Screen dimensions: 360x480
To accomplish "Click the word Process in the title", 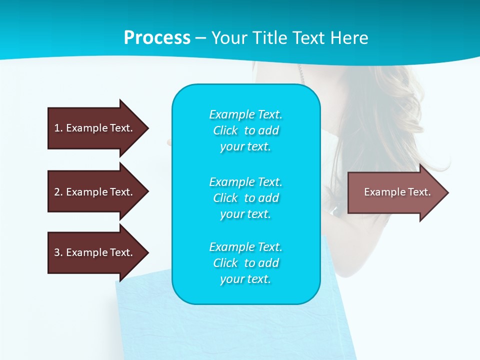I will pos(157,38).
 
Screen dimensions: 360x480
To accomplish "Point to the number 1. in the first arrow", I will pos(58,128).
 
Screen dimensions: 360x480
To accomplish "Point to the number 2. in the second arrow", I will pos(58,192).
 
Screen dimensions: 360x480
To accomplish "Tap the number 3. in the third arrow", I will pos(58,252).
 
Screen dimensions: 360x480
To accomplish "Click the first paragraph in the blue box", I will pos(245,130).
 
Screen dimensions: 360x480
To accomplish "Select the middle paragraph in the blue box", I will pos(245,197).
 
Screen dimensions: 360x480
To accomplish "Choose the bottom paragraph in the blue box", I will pos(245,263).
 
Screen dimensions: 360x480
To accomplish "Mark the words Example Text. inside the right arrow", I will pos(397,192).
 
